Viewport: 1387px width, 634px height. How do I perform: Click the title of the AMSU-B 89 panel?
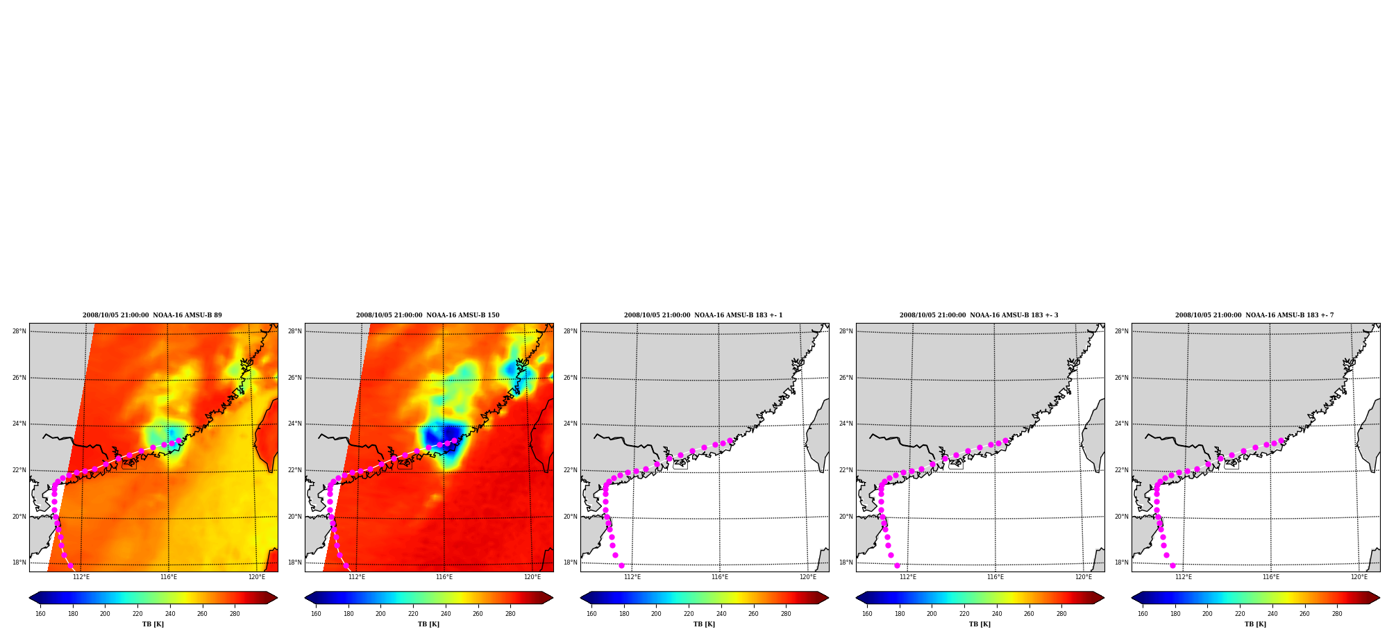152,315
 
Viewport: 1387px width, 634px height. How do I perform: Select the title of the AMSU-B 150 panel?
428,315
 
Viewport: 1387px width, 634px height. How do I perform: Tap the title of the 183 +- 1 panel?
703,315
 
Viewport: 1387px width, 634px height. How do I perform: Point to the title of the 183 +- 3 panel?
979,315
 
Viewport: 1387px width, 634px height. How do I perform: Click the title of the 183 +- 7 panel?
1254,315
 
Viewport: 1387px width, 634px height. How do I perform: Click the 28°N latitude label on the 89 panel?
19,331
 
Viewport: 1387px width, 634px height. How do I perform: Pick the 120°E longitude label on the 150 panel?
532,577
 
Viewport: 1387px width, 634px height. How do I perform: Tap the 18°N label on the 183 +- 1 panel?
571,562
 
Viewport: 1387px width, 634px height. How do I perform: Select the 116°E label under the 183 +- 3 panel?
995,577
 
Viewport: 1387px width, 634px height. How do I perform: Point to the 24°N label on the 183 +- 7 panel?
1122,424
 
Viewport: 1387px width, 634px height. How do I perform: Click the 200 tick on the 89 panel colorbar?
105,614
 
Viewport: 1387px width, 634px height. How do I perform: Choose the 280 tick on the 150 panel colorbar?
510,614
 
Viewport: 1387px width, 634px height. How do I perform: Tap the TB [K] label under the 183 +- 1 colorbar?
704,624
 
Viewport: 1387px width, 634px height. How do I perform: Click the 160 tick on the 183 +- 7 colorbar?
1143,614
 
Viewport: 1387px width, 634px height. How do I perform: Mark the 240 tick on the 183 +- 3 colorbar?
997,614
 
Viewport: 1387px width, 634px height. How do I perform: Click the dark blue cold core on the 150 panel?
442,436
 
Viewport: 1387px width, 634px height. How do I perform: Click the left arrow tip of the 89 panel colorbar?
29,597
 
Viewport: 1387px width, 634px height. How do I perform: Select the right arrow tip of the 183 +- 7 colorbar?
1379,597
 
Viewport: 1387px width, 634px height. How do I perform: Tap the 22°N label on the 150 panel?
295,470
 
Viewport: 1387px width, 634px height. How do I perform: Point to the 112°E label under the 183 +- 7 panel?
1184,577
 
